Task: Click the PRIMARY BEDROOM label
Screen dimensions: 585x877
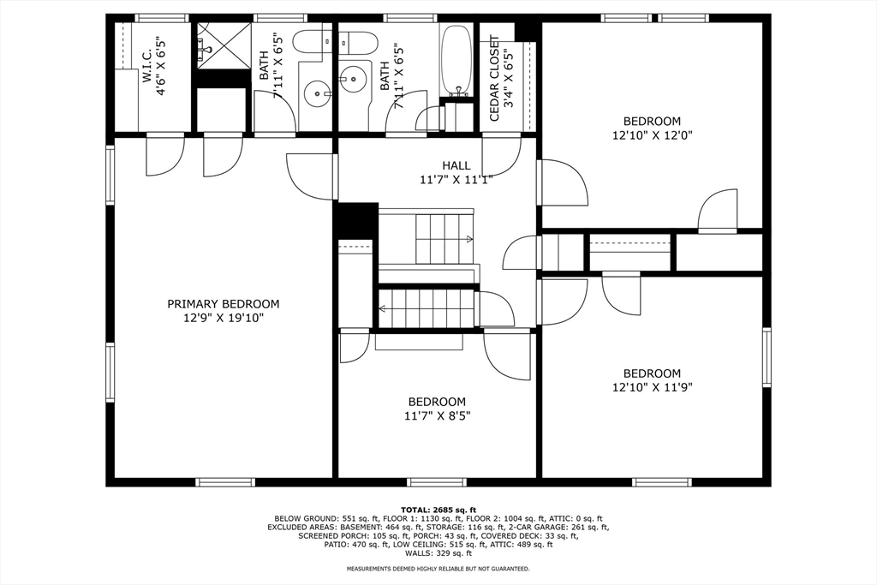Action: tap(223, 304)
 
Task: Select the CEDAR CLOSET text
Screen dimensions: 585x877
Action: tap(494, 72)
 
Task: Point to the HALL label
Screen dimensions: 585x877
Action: tap(456, 165)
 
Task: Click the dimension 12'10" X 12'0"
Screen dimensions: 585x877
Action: tap(652, 135)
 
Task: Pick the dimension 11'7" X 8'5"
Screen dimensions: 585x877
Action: tap(437, 416)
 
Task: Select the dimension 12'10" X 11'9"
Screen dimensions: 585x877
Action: tap(652, 387)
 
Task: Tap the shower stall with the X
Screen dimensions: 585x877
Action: tap(223, 44)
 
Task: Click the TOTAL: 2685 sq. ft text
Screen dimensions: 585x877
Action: tap(438, 510)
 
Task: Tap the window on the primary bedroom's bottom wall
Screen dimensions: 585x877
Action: tap(225, 482)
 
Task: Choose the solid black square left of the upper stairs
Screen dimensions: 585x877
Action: tap(355, 220)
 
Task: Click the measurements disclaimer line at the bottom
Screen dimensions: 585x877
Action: tap(438, 569)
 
